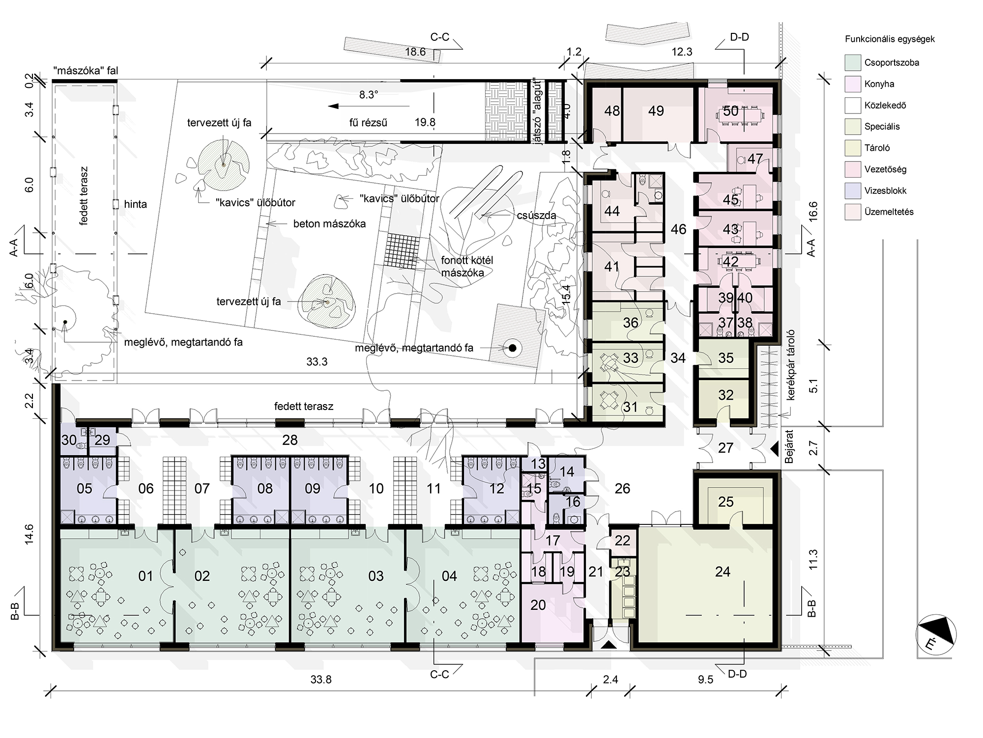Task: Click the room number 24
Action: pos(723,572)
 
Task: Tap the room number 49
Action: pos(656,111)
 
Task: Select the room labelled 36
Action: pos(631,323)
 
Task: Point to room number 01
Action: pos(145,576)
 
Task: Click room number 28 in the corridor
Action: pos(290,440)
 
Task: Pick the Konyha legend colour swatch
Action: pos(853,84)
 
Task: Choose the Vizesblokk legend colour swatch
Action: pos(853,191)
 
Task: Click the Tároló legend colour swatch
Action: pos(853,148)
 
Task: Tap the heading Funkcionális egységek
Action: pos(890,39)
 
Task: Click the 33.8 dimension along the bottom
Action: pos(321,680)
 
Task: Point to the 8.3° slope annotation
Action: pos(369,95)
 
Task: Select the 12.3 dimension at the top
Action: pos(682,52)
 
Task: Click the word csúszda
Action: pos(537,216)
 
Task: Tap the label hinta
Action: pos(136,204)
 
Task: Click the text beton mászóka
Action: pos(330,224)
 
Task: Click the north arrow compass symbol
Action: pos(936,635)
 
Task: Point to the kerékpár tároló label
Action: pos(791,365)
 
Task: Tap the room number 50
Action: pos(731,111)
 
